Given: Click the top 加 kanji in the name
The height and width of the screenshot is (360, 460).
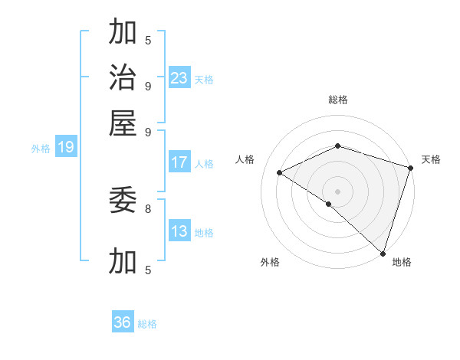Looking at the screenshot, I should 123,32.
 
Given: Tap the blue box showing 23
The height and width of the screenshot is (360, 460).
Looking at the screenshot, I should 179,77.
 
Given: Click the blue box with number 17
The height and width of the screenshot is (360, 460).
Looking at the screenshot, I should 179,162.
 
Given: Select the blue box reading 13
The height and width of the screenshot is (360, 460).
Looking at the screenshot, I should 179,231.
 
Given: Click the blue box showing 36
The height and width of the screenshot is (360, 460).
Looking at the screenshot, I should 123,322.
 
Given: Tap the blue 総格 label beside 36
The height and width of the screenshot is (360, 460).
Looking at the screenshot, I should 147,324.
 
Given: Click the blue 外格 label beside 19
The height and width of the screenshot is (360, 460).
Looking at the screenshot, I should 40,149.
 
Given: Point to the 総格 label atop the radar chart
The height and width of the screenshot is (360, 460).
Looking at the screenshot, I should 337,100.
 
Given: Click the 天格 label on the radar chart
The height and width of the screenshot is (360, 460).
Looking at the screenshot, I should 432,159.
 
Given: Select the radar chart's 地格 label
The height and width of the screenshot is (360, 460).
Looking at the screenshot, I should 402,262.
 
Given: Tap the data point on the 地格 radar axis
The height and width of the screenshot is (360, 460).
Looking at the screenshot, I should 383,252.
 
